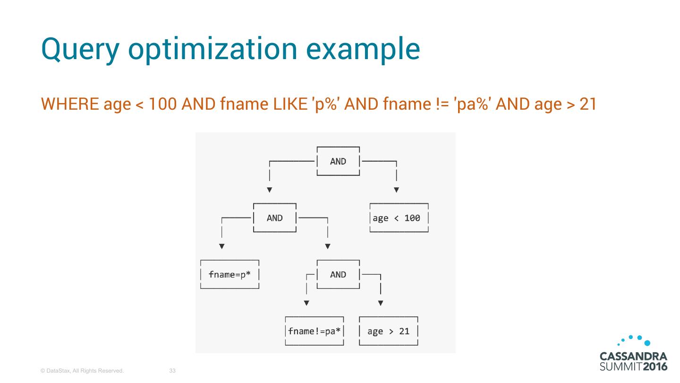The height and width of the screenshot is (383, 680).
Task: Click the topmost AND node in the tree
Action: pyautogui.click(x=338, y=161)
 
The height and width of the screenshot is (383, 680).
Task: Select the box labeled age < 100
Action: pyautogui.click(x=399, y=218)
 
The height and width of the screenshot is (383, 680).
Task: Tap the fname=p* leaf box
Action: pyautogui.click(x=230, y=275)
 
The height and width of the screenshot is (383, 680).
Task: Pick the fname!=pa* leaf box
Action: pyautogui.click(x=314, y=331)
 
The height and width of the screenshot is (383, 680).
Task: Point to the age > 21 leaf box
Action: pyautogui.click(x=389, y=331)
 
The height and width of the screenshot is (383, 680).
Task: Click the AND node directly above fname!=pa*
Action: pyautogui.click(x=338, y=275)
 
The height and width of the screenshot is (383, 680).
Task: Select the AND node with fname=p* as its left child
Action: pyautogui.click(x=275, y=218)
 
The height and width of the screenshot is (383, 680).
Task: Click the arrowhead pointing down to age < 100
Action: pyautogui.click(x=396, y=190)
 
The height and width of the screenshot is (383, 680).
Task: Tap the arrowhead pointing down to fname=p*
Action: pyautogui.click(x=221, y=246)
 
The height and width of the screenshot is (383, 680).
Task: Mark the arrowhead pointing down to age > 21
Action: pyautogui.click(x=381, y=303)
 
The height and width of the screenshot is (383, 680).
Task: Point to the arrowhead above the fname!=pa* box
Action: pyautogui.click(x=306, y=303)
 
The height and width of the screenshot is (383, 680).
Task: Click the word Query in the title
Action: pyautogui.click(x=79, y=49)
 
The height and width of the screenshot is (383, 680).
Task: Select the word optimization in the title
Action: pyautogui.click(x=207, y=49)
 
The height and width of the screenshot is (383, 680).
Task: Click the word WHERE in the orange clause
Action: pyautogui.click(x=70, y=104)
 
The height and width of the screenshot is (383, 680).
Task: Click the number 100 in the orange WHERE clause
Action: pyautogui.click(x=163, y=104)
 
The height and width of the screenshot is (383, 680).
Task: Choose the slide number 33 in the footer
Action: pyautogui.click(x=172, y=371)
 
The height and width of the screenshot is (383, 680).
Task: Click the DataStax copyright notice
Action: pyautogui.click(x=82, y=371)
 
